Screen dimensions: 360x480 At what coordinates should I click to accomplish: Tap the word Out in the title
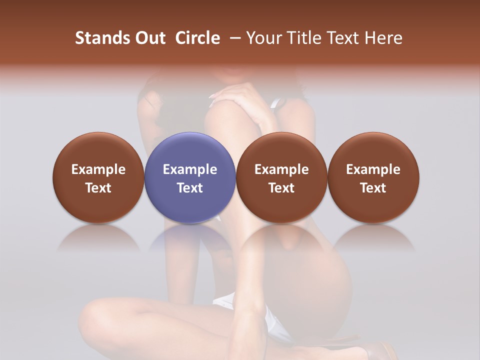coord(149,38)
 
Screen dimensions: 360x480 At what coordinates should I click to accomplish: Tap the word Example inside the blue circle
coord(190,169)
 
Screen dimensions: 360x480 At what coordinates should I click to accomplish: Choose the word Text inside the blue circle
coord(190,188)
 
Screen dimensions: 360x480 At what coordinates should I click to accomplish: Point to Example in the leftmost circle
coord(98,169)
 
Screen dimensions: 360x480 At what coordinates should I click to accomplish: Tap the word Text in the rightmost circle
coord(373,188)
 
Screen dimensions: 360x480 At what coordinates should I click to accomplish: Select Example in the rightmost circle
coord(373,169)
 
